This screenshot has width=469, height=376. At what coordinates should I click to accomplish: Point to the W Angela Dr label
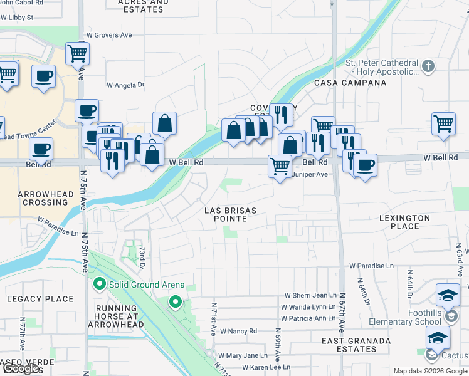click(125, 85)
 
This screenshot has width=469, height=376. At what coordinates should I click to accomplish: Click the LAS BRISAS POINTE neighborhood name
click(230, 214)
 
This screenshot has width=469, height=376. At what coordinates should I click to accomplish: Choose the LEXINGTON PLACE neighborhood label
click(404, 222)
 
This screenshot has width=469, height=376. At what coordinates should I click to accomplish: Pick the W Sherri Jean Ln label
click(311, 295)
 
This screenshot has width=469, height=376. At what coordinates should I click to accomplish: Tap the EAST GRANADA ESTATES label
click(349, 345)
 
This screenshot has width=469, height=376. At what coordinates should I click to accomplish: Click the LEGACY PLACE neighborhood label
click(40, 299)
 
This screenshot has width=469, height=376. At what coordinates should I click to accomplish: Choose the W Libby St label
click(18, 18)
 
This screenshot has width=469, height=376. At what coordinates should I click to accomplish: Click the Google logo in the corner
click(21, 368)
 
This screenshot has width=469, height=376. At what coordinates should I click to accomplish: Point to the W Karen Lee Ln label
click(263, 367)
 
